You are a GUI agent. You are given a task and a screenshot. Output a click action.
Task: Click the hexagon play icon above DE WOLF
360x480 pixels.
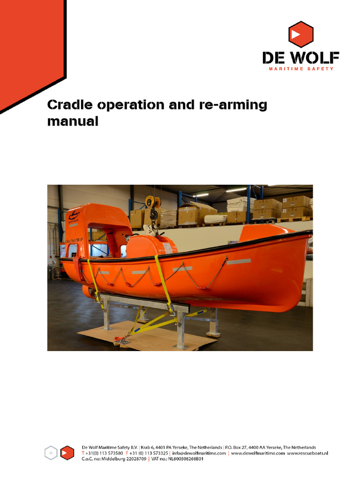[300, 35]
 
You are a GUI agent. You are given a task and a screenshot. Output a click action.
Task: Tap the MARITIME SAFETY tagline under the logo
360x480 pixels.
[300, 69]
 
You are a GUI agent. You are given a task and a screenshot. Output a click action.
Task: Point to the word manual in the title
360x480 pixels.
[73, 121]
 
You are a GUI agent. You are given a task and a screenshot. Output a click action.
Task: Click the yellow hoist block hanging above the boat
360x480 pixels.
[150, 202]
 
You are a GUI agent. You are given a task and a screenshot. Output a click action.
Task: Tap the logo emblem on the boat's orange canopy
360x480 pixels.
[74, 216]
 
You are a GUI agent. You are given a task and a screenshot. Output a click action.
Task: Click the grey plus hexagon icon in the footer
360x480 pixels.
[51, 453]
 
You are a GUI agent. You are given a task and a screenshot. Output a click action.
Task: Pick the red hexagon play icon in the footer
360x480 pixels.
[67, 453]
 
